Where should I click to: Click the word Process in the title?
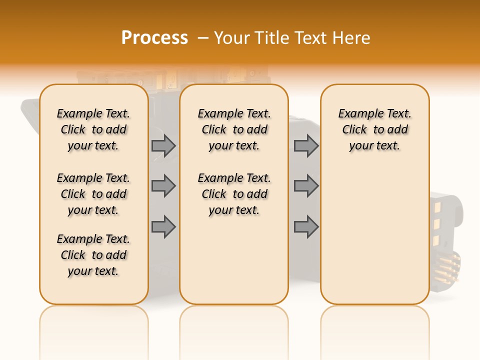tap(154, 38)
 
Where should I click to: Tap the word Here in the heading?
tap(352, 38)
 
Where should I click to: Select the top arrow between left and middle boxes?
tap(163, 145)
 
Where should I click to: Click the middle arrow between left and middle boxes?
tap(163, 186)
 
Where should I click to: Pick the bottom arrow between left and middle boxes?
tap(163, 226)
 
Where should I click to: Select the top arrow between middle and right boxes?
tap(306, 145)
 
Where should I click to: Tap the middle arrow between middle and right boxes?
tap(306, 186)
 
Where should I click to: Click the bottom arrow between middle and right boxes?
tap(306, 226)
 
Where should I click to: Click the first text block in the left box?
tap(93, 129)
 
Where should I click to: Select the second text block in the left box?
tap(93, 194)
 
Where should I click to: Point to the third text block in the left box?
tap(93, 255)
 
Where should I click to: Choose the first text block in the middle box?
tap(234, 129)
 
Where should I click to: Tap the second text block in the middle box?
tap(234, 194)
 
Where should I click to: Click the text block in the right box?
tap(375, 129)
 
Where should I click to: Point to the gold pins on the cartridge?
tap(450, 267)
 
